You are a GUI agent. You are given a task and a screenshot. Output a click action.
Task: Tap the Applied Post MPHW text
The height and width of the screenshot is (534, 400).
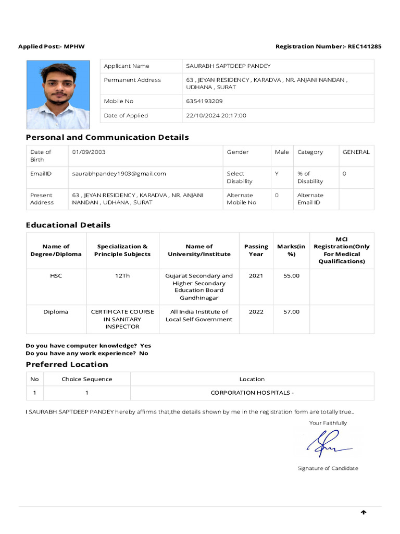(x=52, y=46)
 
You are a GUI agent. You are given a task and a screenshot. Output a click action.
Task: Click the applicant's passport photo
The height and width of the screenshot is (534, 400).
(x=58, y=94)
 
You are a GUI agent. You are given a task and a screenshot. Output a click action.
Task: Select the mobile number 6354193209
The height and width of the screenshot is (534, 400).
(x=204, y=101)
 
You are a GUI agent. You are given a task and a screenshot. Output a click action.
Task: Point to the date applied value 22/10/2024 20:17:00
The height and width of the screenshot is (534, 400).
(x=216, y=116)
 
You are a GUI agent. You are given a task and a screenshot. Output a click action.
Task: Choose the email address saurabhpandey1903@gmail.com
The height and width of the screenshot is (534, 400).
(x=119, y=174)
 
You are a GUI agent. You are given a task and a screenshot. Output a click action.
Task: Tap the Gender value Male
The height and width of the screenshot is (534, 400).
(x=282, y=152)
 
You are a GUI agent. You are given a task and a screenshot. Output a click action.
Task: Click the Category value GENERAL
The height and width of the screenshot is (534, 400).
(x=356, y=152)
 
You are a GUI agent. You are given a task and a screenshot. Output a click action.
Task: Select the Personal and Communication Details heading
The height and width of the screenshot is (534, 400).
(x=107, y=137)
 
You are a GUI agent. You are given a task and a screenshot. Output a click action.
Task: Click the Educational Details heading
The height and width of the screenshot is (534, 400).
(x=68, y=225)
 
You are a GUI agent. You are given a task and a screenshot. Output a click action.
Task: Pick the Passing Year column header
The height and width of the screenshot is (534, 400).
(x=256, y=250)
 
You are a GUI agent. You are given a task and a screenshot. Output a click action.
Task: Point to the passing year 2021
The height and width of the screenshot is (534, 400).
(x=256, y=276)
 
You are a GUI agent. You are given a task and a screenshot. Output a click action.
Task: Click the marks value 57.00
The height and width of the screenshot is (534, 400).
(x=291, y=312)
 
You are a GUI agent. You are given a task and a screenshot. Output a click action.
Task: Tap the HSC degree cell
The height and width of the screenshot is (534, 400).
(x=56, y=276)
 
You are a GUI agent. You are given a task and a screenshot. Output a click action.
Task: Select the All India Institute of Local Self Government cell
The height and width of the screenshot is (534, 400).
(x=199, y=315)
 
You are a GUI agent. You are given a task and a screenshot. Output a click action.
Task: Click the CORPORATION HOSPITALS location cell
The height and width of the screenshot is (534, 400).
(x=252, y=393)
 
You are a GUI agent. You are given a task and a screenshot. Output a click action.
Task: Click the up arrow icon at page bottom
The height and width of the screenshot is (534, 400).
(x=364, y=513)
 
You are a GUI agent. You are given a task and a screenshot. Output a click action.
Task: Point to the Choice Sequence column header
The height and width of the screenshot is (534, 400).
(x=86, y=379)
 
